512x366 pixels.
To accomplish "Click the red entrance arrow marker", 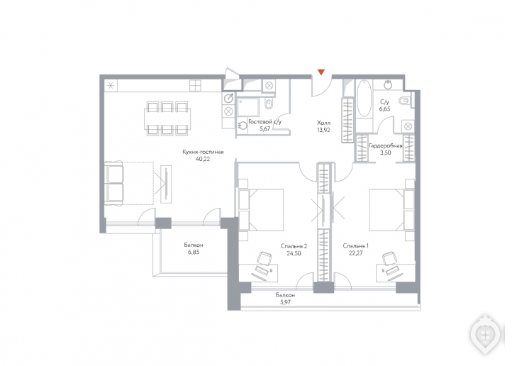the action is tap(321, 72).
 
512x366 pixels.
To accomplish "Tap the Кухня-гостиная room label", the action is tap(203, 152).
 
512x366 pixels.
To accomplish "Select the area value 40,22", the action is tap(203, 160).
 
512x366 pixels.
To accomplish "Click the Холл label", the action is tap(323, 123).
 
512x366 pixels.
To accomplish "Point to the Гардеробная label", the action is tap(385, 145).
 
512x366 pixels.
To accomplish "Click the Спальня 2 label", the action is tap(294, 246).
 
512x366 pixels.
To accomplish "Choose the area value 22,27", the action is tap(355, 253).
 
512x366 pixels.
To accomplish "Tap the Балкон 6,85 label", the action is tap(194, 248).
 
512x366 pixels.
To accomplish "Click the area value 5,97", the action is tap(285, 302).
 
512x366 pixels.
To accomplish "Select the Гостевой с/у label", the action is tap(265, 122).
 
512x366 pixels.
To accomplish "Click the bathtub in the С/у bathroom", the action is tap(364, 98).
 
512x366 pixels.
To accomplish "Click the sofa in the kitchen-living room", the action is tap(113, 184).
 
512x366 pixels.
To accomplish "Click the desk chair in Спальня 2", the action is tap(264, 258).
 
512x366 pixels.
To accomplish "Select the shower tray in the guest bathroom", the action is tap(247, 106).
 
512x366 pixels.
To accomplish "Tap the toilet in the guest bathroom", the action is tap(269, 103).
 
